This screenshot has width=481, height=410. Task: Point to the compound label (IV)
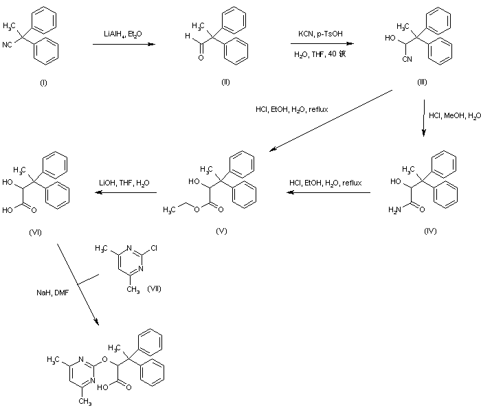430,231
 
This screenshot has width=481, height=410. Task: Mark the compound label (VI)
36,231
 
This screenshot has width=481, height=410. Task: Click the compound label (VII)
155,288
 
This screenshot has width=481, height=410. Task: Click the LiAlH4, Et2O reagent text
122,32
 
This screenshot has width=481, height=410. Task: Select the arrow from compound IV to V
328,193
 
